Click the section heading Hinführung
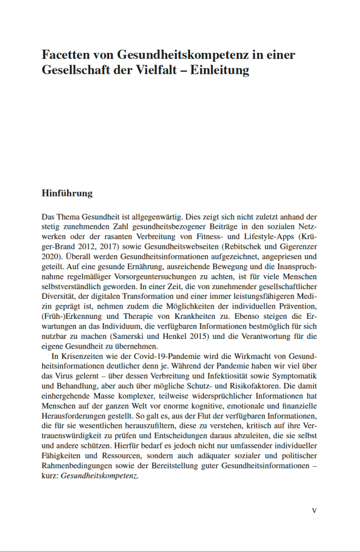(67, 193)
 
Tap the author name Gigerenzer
(295, 247)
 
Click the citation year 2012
(85, 247)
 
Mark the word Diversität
(59, 297)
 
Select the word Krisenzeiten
(83, 357)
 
